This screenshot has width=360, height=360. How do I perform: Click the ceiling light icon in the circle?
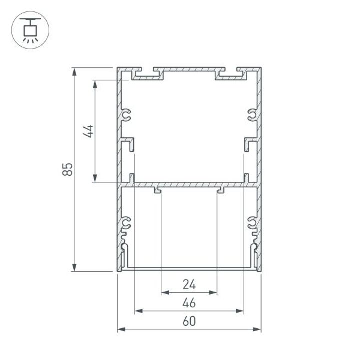tap(30, 30)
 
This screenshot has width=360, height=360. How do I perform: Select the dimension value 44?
tap(88, 131)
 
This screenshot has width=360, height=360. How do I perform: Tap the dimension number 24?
tap(189, 285)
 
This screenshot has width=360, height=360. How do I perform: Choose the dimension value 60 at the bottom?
tap(189, 322)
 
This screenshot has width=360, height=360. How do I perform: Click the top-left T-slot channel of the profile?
tap(148, 74)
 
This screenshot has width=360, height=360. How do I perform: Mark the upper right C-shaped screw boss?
tap(252, 116)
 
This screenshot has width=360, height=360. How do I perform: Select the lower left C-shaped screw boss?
tap(126, 223)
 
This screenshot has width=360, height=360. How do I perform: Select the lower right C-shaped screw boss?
tap(252, 223)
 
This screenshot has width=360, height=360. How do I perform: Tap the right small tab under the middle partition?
tap(221, 190)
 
